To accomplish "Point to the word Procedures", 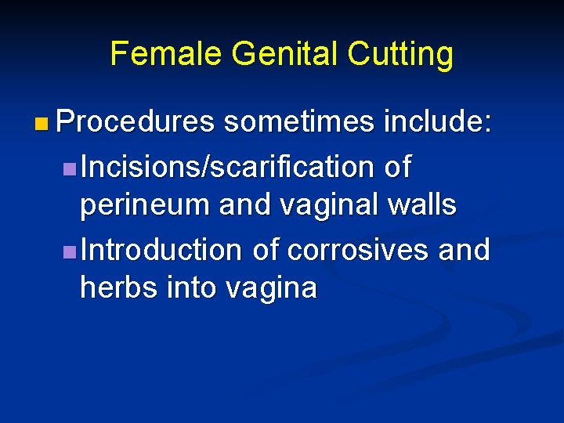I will tap(136, 123).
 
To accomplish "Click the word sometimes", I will tap(298, 123).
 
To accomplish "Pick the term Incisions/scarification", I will tap(228, 167).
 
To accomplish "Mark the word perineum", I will tap(146, 205).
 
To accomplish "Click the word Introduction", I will tap(162, 250).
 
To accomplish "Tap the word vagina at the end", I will tap(272, 289).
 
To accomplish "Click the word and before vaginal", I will tap(244, 205).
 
